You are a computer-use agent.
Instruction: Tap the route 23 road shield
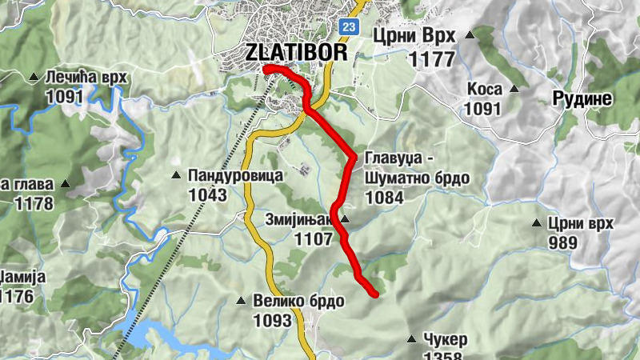348,26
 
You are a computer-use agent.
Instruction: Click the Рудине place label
582,98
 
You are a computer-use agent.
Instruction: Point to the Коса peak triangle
514,89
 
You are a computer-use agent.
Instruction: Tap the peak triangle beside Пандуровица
177,175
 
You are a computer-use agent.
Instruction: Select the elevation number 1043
208,194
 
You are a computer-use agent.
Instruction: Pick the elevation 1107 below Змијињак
313,238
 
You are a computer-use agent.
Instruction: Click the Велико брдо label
298,302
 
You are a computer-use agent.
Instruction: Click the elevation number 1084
385,197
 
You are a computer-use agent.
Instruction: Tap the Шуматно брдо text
417,178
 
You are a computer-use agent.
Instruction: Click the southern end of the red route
374,294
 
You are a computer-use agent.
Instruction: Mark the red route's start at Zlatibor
265,69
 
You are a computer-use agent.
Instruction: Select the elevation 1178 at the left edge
33,203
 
